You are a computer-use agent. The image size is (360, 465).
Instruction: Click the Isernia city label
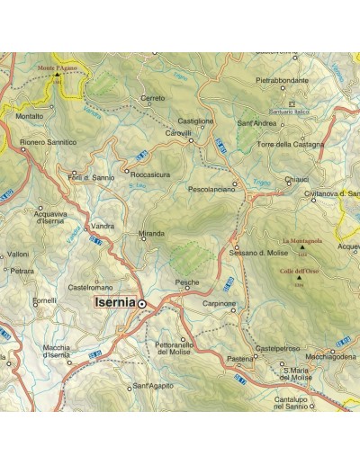tap(114, 304)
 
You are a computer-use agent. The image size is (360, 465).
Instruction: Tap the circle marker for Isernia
tap(141, 305)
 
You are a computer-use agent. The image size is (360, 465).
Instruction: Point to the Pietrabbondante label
tap(282, 80)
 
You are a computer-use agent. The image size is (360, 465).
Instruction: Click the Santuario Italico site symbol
tap(291, 103)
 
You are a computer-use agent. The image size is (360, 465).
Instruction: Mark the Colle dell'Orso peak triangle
tap(300, 277)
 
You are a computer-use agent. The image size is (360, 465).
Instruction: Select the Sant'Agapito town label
tap(151, 386)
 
